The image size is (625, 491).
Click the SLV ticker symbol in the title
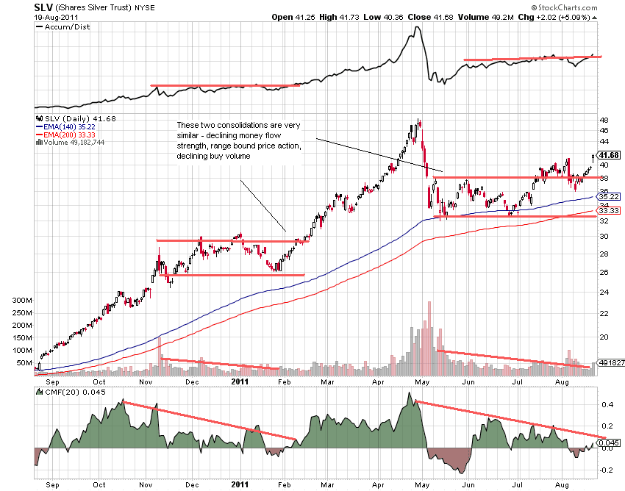[43, 7]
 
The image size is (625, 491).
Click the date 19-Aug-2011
[57, 16]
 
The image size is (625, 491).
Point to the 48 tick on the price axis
[604, 119]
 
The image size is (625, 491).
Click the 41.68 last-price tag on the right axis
[610, 155]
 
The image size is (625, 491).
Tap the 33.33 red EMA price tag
[610, 210]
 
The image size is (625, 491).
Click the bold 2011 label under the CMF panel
[241, 485]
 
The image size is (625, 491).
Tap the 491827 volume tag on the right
[609, 363]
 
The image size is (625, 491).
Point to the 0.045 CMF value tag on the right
[610, 442]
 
